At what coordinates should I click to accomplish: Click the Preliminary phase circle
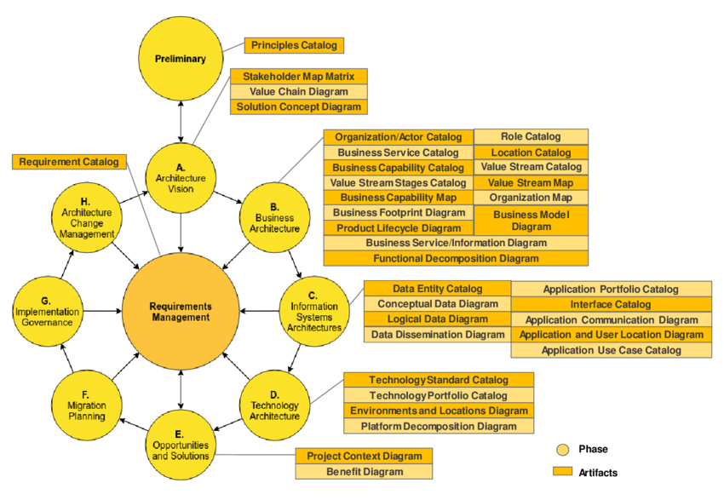click(181, 59)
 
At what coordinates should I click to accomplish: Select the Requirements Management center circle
click(180, 312)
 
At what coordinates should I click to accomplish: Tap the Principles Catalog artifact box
click(294, 45)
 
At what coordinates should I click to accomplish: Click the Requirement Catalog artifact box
click(69, 161)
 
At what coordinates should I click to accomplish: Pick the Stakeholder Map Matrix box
click(298, 77)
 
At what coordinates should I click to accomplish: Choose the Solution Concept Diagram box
click(298, 107)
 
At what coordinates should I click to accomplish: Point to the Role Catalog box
click(530, 136)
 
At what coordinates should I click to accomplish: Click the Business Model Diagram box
click(530, 221)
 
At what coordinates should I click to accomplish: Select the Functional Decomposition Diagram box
click(455, 257)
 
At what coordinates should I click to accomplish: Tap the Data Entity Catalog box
click(437, 289)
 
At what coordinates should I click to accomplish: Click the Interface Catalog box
click(610, 304)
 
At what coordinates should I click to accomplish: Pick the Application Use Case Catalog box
click(610, 350)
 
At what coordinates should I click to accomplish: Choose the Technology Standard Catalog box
click(438, 380)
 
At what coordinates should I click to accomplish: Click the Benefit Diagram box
click(364, 471)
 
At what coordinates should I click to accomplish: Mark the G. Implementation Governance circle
click(49, 312)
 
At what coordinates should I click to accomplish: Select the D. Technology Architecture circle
click(273, 405)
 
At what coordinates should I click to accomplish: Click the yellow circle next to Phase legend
click(561, 449)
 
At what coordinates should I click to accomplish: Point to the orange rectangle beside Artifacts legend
click(561, 472)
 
